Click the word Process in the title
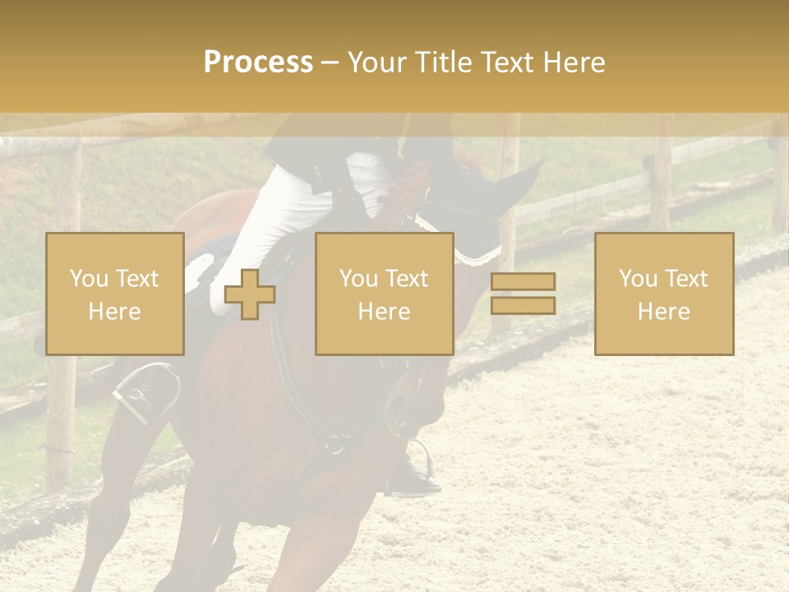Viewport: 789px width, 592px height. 258,62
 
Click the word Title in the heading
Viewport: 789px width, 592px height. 441,62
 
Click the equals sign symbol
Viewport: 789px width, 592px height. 523,294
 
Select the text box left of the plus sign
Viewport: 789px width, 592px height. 115,294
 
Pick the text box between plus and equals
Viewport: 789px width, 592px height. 384,294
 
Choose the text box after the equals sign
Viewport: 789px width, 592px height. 664,294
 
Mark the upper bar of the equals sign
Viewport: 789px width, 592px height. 523,282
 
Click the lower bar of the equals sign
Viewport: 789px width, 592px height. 523,306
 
